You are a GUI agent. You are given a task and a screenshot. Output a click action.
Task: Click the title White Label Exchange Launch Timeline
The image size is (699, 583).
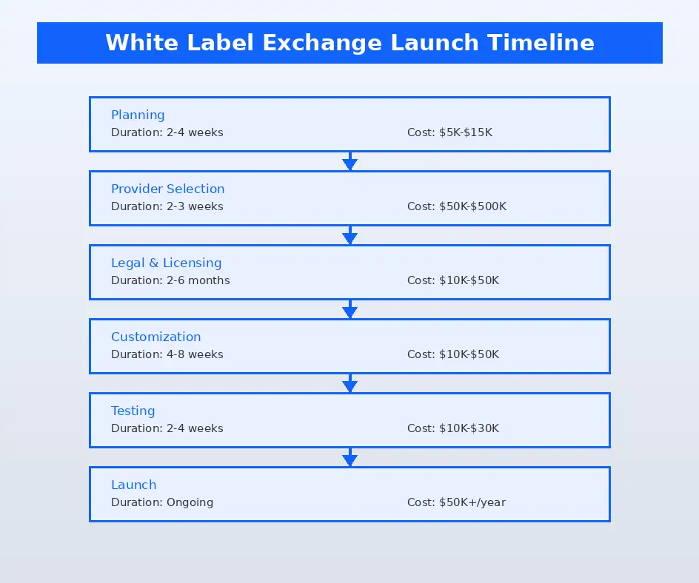(x=349, y=42)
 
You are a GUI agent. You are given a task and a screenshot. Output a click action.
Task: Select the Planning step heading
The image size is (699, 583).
(x=138, y=115)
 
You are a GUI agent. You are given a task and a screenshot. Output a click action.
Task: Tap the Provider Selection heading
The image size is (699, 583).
(x=167, y=189)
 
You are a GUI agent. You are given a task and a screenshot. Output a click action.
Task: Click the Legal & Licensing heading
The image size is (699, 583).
(x=166, y=263)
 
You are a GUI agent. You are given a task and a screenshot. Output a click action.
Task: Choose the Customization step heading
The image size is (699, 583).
(x=155, y=337)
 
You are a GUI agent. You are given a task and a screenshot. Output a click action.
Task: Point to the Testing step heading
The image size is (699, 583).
(x=133, y=411)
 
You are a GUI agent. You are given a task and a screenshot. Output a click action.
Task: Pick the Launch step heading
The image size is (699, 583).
(x=133, y=485)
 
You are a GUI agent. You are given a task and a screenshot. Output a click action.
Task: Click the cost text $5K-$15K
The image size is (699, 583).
(x=449, y=132)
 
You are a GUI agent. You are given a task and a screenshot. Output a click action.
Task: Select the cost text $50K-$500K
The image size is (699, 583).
(x=456, y=206)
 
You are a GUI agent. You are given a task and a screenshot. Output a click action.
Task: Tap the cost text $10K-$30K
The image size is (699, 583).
(x=452, y=428)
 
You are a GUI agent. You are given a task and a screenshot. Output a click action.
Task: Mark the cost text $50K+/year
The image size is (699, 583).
(x=456, y=502)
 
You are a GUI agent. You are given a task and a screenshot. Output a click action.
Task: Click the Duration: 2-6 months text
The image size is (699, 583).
(x=170, y=280)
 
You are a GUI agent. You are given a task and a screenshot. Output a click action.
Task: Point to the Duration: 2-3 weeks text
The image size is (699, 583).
(x=167, y=206)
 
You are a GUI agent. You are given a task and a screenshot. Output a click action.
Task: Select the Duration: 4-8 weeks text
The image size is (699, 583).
(x=167, y=354)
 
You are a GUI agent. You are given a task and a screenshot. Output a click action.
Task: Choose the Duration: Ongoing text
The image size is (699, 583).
(x=161, y=502)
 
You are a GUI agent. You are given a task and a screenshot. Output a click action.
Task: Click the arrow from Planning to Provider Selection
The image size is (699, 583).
(x=349, y=161)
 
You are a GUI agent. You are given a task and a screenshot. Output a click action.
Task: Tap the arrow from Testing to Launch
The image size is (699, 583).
(x=349, y=457)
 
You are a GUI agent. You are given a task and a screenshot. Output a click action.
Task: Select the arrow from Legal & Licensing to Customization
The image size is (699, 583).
(x=349, y=309)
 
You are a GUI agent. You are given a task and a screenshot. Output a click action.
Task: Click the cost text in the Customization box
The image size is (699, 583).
(x=452, y=354)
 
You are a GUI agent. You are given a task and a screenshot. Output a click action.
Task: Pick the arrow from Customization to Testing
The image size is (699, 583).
(x=349, y=383)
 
